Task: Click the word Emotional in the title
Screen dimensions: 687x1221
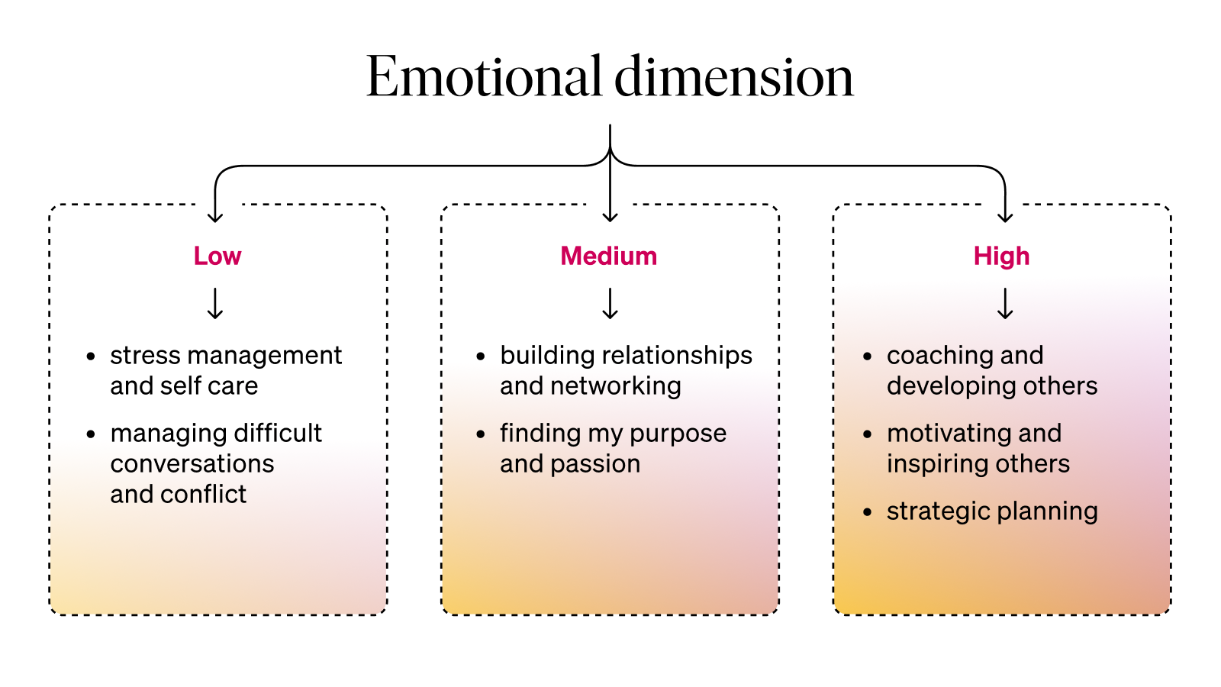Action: pyautogui.click(x=484, y=77)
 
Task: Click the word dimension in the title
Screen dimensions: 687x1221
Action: pyautogui.click(x=733, y=77)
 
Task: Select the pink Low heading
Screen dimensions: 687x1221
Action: pyautogui.click(x=217, y=256)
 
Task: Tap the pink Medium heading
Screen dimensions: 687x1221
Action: pyautogui.click(x=609, y=256)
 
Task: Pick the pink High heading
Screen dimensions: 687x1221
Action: pyautogui.click(x=1001, y=256)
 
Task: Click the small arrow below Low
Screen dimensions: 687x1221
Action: pyautogui.click(x=216, y=303)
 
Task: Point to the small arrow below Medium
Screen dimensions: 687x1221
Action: pyautogui.click(x=610, y=303)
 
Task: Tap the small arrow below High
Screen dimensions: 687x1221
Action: pyautogui.click(x=1005, y=303)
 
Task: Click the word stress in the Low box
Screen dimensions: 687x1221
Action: pyautogui.click(x=144, y=355)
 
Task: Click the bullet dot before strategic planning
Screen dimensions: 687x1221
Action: pyautogui.click(x=867, y=511)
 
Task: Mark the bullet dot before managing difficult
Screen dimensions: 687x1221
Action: pyautogui.click(x=91, y=434)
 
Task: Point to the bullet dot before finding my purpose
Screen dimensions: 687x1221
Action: pyautogui.click(x=481, y=434)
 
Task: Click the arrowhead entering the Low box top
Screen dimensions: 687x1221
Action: pyautogui.click(x=216, y=218)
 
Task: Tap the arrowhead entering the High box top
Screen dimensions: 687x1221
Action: pyautogui.click(x=1005, y=218)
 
